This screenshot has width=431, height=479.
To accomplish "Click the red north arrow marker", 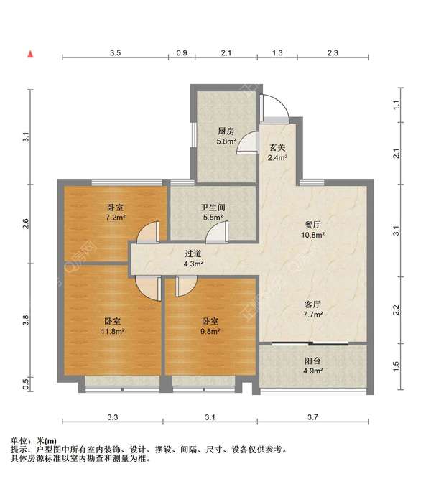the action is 30,55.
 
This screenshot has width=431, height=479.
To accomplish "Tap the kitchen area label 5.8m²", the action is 226,141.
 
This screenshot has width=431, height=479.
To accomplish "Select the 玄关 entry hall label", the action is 277,148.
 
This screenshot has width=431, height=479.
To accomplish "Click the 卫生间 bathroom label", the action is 213,208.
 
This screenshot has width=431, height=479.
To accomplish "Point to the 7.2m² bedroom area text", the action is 116,218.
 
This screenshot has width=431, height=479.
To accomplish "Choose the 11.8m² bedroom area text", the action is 113,331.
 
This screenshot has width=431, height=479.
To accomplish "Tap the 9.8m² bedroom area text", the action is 210,331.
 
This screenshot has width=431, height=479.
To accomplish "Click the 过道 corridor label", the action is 193,254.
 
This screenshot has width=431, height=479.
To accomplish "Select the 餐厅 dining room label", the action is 312,225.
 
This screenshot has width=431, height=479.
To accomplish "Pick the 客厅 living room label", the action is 312,304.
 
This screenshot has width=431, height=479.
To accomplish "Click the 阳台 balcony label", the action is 312,361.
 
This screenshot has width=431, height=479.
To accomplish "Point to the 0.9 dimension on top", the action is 182,53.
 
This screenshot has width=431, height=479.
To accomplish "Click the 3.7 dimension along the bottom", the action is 312,417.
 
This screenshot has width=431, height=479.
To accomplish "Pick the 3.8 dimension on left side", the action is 26,320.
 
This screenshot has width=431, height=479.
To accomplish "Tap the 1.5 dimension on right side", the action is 396,366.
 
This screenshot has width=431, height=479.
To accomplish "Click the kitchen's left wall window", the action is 193,134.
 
